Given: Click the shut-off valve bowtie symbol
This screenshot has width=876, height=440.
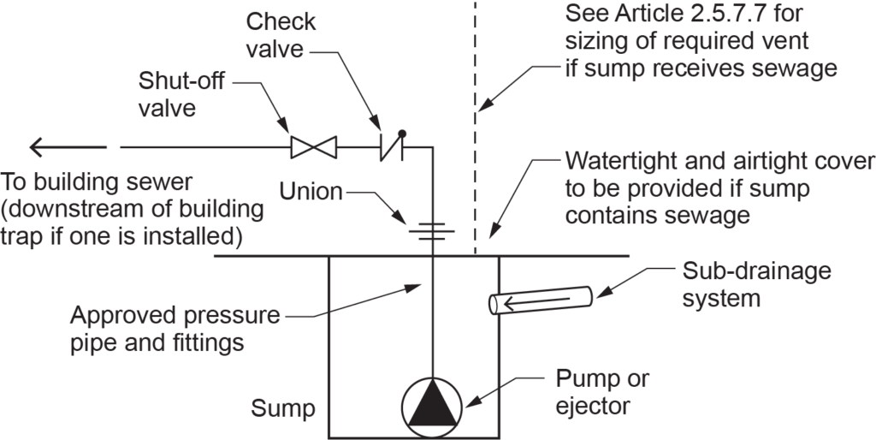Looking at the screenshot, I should point(313,147).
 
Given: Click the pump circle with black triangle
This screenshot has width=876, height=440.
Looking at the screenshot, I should point(434,402).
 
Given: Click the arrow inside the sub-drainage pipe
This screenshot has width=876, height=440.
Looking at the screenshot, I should point(518,301).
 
